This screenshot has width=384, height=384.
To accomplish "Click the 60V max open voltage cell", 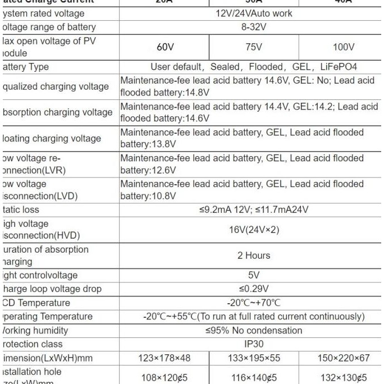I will point(165,47).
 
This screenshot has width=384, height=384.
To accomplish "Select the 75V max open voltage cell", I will point(254,47).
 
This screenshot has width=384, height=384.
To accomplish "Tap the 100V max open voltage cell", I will point(343,47).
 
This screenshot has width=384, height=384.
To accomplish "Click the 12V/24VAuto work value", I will point(254,13).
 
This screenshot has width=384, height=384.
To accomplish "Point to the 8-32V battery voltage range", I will point(254,26).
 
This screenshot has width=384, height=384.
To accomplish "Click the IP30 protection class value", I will point(254,344).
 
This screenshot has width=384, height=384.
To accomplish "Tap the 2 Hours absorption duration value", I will point(254,255).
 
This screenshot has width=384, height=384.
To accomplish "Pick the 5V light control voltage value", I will point(254,275).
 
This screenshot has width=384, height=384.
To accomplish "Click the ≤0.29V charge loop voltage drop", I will point(254,289).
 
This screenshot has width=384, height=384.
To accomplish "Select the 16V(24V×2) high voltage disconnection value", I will point(254,229).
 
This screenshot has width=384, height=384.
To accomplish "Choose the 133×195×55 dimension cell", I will point(254,358).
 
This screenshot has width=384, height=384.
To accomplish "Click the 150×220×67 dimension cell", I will point(343,358).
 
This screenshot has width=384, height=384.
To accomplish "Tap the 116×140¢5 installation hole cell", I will point(254,378).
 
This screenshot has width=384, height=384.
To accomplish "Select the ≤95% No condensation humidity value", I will point(254,330).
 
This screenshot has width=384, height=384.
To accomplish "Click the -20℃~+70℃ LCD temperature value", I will point(254,303).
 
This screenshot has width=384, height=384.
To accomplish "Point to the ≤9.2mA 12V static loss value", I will point(225,209).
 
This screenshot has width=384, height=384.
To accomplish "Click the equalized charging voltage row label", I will point(56,86).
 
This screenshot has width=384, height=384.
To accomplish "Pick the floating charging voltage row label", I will point(52,139).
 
